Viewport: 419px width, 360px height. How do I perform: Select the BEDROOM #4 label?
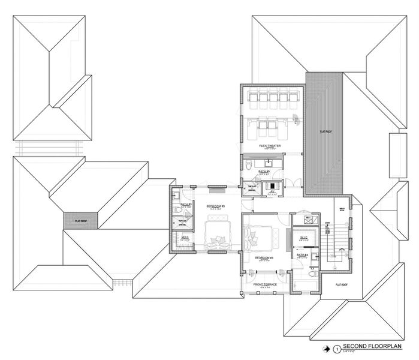[264, 258]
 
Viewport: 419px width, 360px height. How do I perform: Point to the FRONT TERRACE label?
[264, 284]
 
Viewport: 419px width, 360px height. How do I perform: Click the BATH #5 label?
[264, 172]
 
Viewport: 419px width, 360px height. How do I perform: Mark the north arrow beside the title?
[326, 347]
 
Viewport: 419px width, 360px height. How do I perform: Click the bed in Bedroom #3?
[216, 235]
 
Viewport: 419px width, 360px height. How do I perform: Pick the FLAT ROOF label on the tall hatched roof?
[326, 131]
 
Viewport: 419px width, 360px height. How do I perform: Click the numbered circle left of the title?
[337, 347]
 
